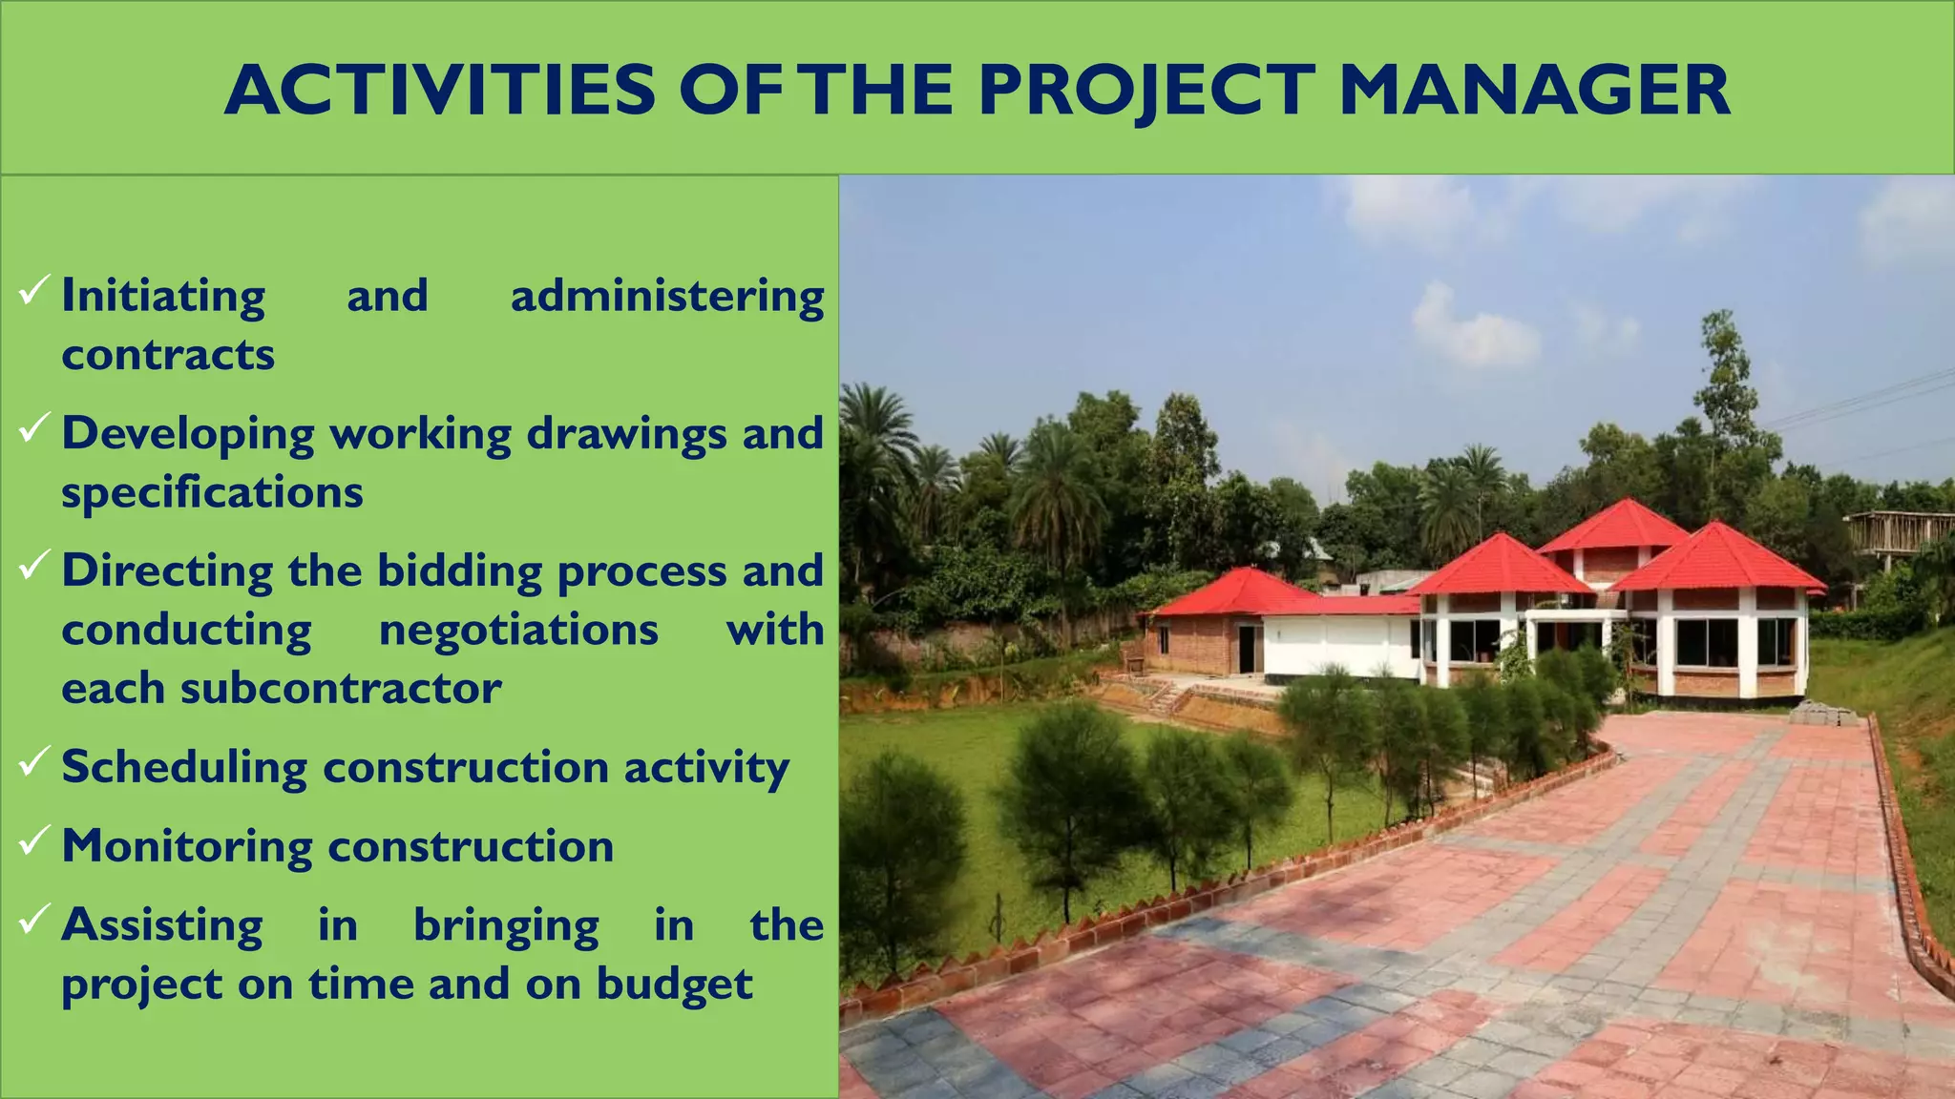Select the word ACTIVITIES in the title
[x=440, y=91]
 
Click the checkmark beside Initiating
[x=34, y=289]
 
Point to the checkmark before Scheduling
[x=34, y=760]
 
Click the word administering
[x=667, y=296]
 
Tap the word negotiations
[x=518, y=631]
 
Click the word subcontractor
[x=341, y=689]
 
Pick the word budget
[x=674, y=985]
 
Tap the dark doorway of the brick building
[x=1247, y=649]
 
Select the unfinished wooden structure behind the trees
[x=1900, y=534]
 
